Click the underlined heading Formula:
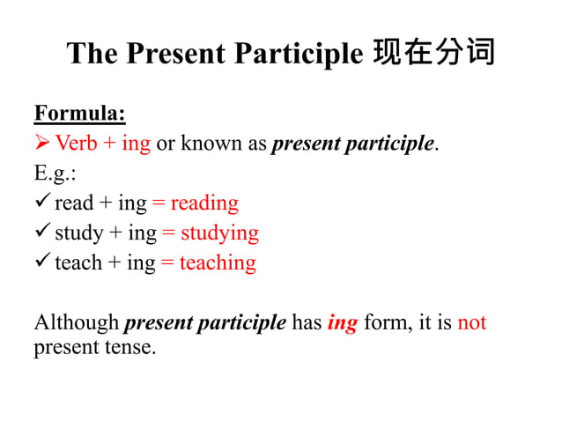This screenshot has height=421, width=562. pyautogui.click(x=79, y=114)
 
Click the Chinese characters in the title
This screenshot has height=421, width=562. pyautogui.click(x=433, y=54)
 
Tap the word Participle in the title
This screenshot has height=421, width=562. pyautogui.click(x=299, y=54)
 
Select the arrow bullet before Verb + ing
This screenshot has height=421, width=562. pyautogui.click(x=42, y=144)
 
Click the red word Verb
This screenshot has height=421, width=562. pyautogui.click(x=76, y=144)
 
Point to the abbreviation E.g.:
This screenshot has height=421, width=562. pyautogui.click(x=55, y=173)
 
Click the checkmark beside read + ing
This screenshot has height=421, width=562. pyautogui.click(x=42, y=203)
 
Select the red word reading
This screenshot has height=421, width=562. pyautogui.click(x=204, y=203)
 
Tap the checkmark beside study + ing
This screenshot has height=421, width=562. pyautogui.click(x=42, y=233)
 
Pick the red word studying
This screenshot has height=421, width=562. pyautogui.click(x=219, y=233)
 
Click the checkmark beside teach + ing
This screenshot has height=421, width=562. pyautogui.click(x=42, y=262)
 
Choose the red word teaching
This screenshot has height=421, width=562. pyautogui.click(x=218, y=262)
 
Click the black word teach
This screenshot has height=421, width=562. pyautogui.click(x=78, y=262)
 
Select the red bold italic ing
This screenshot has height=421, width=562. pyautogui.click(x=342, y=323)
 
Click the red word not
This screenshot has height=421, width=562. pyautogui.click(x=472, y=322)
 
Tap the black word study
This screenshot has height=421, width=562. pyautogui.click(x=78, y=233)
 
